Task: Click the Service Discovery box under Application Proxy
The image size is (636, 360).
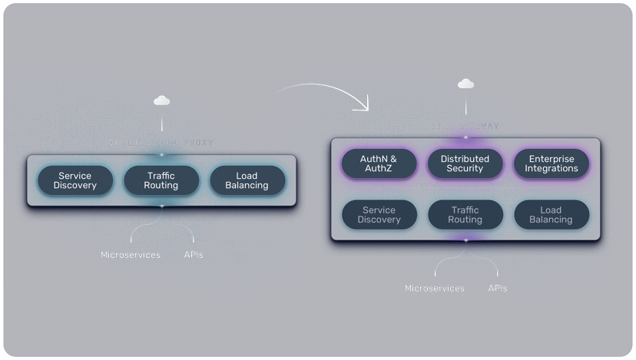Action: point(75,180)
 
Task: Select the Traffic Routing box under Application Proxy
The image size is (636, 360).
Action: point(161,180)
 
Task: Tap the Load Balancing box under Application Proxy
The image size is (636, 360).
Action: point(247,180)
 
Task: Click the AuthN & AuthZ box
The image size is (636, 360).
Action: point(379,163)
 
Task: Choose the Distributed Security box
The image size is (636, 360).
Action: point(465,163)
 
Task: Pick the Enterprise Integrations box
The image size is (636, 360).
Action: point(551,163)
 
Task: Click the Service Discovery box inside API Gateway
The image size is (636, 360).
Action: point(379,215)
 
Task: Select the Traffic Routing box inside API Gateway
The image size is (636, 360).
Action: point(465,215)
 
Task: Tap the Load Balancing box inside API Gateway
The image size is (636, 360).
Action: point(551,215)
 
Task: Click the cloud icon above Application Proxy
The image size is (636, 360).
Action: point(161,101)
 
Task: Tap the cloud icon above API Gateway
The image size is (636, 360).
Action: point(465,84)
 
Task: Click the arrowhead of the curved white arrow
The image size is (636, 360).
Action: point(363,104)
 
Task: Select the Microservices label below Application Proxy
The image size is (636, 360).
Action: point(131,254)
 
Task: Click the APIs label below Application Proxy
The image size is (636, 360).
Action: point(194,254)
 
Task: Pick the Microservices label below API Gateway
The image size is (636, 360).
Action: point(435,289)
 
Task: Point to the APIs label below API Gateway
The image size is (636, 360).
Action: point(498,289)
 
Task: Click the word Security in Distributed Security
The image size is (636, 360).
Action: point(465,169)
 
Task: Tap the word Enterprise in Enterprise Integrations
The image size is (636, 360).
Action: point(551,159)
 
